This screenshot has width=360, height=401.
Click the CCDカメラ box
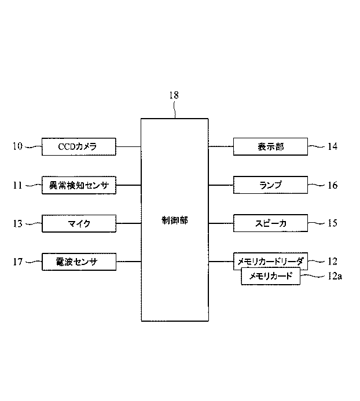tap(79, 147)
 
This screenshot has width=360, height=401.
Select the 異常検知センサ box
tap(79, 185)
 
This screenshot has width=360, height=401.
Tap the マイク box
tap(79, 223)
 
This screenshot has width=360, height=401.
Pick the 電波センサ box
tap(79, 262)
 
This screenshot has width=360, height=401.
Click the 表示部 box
tap(270, 147)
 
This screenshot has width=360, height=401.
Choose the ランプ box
tap(270, 185)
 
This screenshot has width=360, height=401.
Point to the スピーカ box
tap(270, 223)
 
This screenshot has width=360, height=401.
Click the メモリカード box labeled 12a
tap(271, 277)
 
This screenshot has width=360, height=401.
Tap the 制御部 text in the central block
tap(175, 220)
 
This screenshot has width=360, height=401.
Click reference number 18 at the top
tap(174, 96)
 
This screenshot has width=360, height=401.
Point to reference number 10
tap(17, 147)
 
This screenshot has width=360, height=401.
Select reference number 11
tap(17, 185)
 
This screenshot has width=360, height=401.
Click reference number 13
tap(17, 223)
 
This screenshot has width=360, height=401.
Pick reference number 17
tap(17, 262)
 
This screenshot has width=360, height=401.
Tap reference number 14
tap(332, 147)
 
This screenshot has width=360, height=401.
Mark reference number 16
tap(332, 185)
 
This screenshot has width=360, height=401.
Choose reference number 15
tap(332, 223)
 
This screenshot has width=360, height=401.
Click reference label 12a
tap(335, 277)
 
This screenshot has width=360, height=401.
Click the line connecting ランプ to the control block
tap(221, 185)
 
